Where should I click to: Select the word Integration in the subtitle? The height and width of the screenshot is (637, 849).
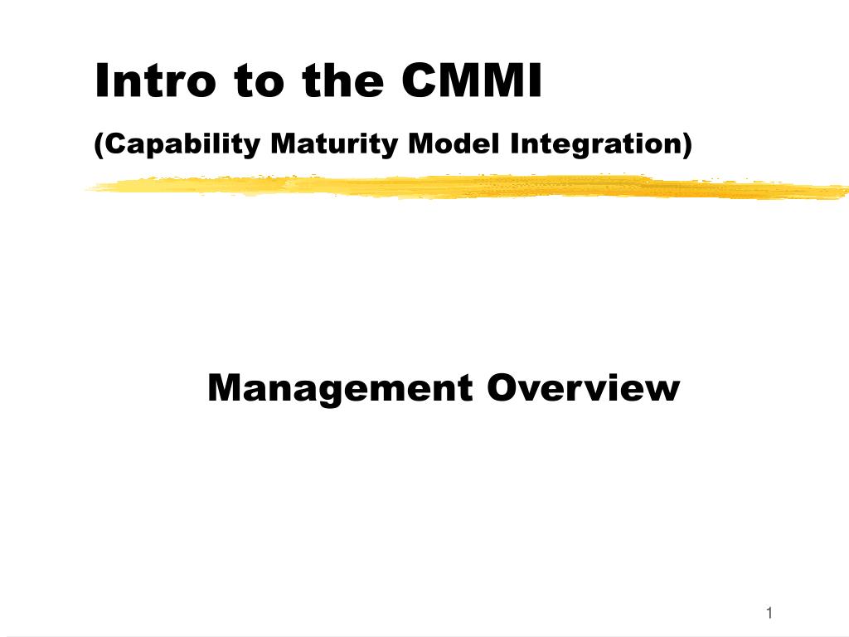point(595,144)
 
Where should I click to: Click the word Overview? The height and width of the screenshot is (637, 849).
point(583,388)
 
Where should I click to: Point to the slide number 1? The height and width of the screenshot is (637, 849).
point(769,613)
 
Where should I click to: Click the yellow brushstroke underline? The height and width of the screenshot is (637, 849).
point(464,187)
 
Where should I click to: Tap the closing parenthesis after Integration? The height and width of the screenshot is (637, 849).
point(686,145)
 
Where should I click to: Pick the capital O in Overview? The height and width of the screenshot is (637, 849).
point(501,388)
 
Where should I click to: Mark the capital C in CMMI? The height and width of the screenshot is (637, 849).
point(418,81)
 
